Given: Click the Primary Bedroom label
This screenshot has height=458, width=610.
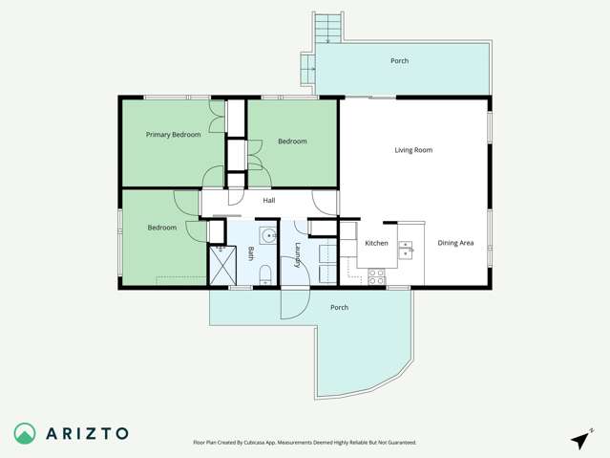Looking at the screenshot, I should tap(173, 135).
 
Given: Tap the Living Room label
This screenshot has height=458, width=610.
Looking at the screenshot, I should tap(413, 150).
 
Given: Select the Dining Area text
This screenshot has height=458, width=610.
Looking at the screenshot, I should tap(455, 243).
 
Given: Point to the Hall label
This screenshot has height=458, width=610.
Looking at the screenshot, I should tap(269, 200).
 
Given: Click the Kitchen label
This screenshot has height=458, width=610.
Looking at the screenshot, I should tap(376, 243).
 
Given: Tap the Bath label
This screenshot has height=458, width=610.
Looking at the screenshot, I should tap(251, 253).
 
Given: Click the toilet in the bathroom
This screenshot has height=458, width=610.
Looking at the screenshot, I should tap(265, 275).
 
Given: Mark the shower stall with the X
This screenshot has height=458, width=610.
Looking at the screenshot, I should tap(221, 265).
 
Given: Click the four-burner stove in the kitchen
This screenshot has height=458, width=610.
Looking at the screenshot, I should tap(376, 276).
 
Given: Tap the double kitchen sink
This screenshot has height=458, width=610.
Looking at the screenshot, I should tap(406, 250).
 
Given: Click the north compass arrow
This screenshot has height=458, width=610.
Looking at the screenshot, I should tap(579, 439).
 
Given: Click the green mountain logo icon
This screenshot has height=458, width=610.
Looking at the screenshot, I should tap(25, 433).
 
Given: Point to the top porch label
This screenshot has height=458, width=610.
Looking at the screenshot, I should tap(399, 61).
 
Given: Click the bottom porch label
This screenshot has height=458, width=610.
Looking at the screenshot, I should tap(339, 307).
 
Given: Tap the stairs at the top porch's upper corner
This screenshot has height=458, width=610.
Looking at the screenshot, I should tap(327, 28).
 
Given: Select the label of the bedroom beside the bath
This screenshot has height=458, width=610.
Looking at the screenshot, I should tap(161, 228).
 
